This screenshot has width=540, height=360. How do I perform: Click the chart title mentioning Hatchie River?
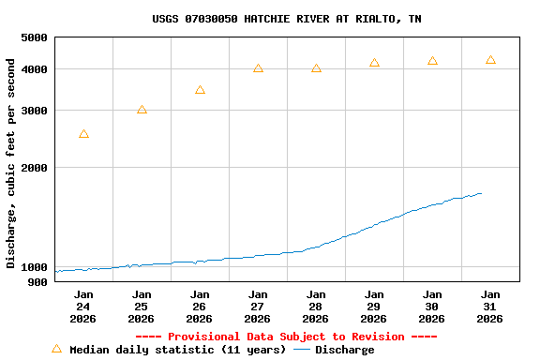[x=286, y=19]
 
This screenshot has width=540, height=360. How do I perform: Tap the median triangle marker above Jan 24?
[x=84, y=135]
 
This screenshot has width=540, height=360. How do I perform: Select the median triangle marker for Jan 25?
[x=142, y=111]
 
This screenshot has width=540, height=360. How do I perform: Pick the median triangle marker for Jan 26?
[x=200, y=91]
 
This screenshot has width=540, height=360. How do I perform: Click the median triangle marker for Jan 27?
[x=258, y=69]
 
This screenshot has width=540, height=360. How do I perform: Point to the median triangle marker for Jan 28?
[x=316, y=69]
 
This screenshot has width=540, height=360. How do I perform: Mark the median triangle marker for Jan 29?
[x=374, y=64]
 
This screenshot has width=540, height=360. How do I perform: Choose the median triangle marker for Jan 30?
[x=432, y=62]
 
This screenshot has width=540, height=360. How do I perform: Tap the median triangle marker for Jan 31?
[x=490, y=61]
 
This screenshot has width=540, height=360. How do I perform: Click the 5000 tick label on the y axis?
[x=34, y=37]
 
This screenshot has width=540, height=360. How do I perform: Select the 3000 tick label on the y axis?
[x=34, y=111]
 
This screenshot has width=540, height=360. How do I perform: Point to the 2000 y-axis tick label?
[x=34, y=168]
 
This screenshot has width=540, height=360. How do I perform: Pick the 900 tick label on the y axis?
[x=37, y=281]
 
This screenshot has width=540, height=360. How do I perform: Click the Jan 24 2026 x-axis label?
[x=83, y=307]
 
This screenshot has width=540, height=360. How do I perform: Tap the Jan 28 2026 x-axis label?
[x=316, y=307]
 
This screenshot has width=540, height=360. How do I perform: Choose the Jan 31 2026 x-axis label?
[x=490, y=307]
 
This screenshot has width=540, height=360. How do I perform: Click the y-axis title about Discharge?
[x=11, y=163]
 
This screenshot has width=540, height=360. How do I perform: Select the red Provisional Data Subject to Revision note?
[x=286, y=337]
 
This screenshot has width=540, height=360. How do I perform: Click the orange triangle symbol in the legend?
[x=56, y=349]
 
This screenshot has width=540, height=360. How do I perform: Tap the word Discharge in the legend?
[x=344, y=350]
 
